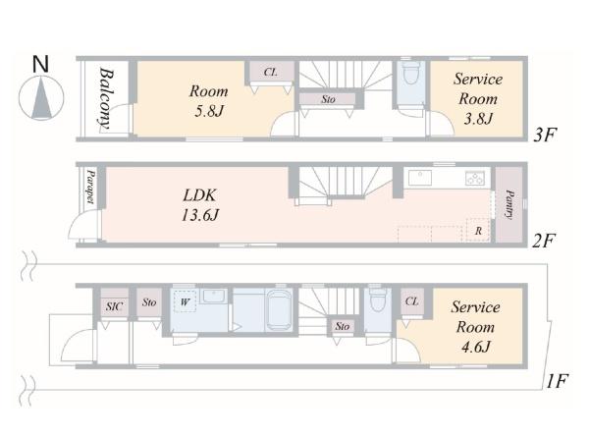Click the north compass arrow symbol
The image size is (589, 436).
[x=41, y=98]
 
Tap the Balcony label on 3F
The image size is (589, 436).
[x=107, y=98]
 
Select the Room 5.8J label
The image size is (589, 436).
[x=209, y=101]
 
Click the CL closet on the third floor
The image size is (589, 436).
[x=270, y=73]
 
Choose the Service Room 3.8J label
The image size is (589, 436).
[x=478, y=98]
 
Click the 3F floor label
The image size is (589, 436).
[x=545, y=135]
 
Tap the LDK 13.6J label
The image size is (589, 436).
[x=200, y=205]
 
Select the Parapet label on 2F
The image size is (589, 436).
[x=90, y=187]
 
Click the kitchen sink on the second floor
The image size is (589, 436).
[x=420, y=178]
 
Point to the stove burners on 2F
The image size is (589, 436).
[x=475, y=178]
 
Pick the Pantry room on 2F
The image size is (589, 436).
[x=509, y=205]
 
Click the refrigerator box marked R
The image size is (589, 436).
[x=478, y=230]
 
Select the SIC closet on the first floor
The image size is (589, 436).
[x=114, y=304]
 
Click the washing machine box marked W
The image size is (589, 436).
[x=185, y=301]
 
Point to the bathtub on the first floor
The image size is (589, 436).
[x=280, y=310]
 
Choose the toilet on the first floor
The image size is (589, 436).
[x=378, y=300]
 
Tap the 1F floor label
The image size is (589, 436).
[x=557, y=381]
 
